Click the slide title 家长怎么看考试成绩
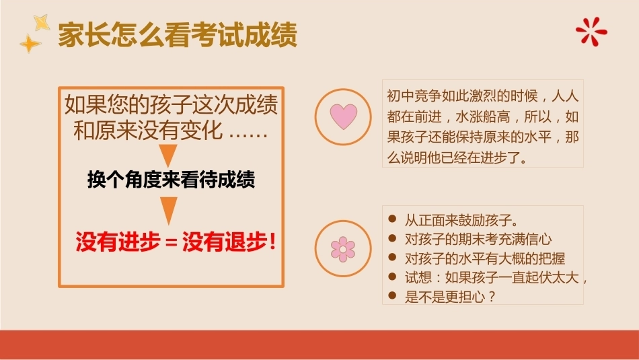click(x=178, y=35)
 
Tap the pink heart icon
click(x=343, y=116)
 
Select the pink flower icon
click(x=343, y=249)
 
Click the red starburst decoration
click(x=591, y=32)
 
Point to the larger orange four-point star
click(x=30, y=44)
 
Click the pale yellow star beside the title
click(x=41, y=22)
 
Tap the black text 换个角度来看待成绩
click(x=171, y=180)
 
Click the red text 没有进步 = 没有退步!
click(x=176, y=242)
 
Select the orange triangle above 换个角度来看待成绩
click(x=168, y=155)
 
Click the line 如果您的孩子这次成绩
click(x=171, y=104)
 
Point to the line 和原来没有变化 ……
click(x=171, y=131)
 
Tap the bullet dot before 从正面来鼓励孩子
click(x=392, y=219)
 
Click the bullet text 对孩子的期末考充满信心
click(x=478, y=240)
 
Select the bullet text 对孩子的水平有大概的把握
click(x=485, y=258)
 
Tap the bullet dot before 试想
click(x=392, y=277)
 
